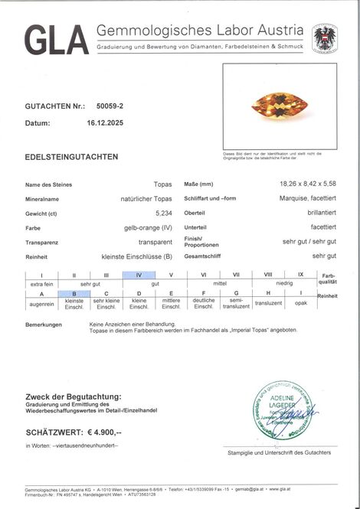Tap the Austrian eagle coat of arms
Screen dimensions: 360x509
[325, 38]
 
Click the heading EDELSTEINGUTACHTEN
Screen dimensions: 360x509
[71, 157]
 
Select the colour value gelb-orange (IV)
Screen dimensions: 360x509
[148, 227]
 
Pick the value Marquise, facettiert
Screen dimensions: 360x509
[307, 199]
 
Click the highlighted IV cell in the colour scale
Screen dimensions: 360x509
[138, 274]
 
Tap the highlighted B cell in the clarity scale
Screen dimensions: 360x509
[74, 294]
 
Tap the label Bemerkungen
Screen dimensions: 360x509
[43, 325]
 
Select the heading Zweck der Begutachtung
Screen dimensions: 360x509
[73, 396]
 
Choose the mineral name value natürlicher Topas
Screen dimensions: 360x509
[146, 199]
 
